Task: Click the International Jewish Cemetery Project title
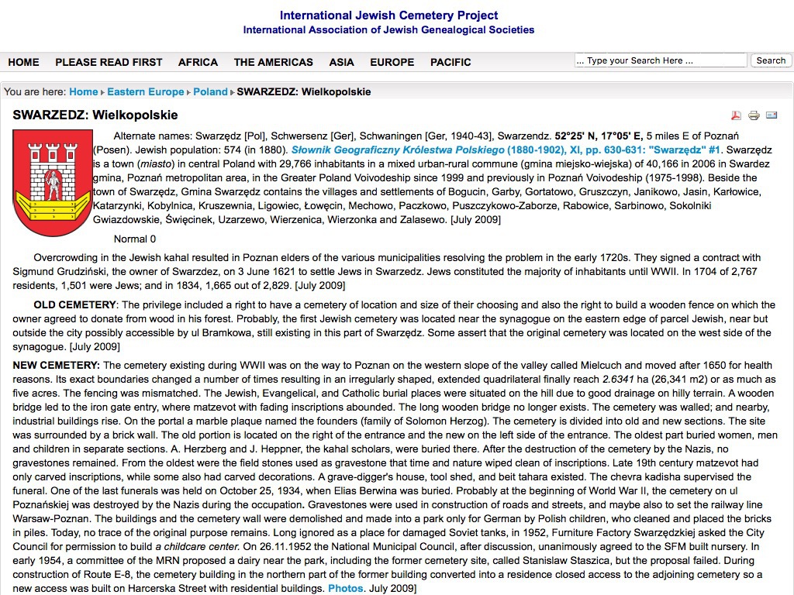pyautogui.click(x=388, y=15)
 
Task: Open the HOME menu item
pyautogui.click(x=23, y=62)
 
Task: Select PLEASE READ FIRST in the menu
pyautogui.click(x=109, y=62)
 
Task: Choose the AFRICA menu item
pyautogui.click(x=198, y=62)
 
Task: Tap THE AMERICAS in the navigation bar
pyautogui.click(x=273, y=62)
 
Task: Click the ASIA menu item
pyautogui.click(x=341, y=62)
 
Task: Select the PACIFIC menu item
pyautogui.click(x=451, y=62)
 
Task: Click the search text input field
pyautogui.click(x=661, y=60)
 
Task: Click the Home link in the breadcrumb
pyautogui.click(x=84, y=91)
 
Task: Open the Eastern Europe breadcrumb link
pyautogui.click(x=146, y=91)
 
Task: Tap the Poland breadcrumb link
pyautogui.click(x=210, y=91)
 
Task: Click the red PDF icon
pyautogui.click(x=737, y=115)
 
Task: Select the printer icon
pyautogui.click(x=754, y=115)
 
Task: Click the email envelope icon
pyautogui.click(x=772, y=115)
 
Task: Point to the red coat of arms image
pyautogui.click(x=52, y=183)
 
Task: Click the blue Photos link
pyautogui.click(x=346, y=589)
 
